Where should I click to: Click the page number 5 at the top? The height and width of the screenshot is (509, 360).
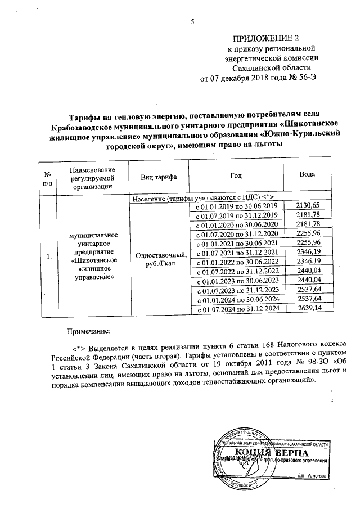click(x=192, y=22)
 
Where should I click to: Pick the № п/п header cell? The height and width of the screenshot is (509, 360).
click(x=48, y=178)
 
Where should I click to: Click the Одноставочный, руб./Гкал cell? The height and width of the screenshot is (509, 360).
click(x=158, y=258)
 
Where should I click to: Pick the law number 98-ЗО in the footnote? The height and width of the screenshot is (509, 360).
click(x=307, y=361)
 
